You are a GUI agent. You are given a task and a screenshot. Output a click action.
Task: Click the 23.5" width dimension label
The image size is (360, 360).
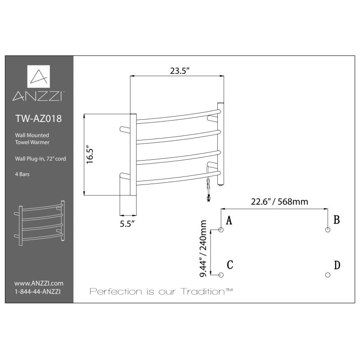[179, 71]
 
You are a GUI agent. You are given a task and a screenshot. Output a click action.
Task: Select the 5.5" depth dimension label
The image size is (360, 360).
[127, 224]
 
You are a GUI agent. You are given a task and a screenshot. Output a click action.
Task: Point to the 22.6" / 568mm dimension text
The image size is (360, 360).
[279, 202]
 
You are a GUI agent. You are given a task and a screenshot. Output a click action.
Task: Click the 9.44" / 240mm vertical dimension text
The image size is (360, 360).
[203, 248]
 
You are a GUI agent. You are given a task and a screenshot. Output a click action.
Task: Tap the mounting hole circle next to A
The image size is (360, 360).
[221, 229]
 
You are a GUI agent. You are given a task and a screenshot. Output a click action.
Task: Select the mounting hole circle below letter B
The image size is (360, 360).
[328, 229]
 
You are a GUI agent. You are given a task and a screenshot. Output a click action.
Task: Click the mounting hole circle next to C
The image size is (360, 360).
[221, 275]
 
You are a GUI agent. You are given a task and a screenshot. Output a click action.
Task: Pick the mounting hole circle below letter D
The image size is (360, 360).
[328, 275]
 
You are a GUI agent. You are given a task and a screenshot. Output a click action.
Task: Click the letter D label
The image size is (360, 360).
[337, 265]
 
